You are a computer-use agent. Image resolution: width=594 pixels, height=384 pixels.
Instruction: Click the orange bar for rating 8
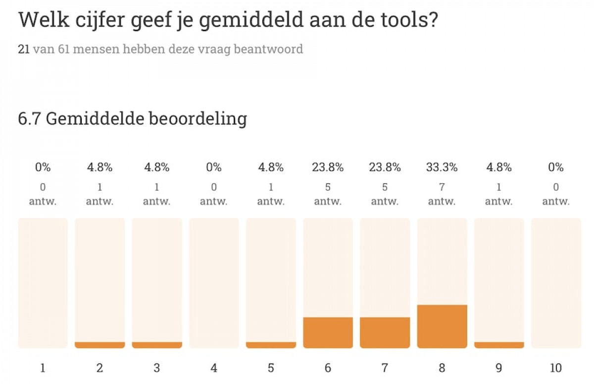tap(442, 326)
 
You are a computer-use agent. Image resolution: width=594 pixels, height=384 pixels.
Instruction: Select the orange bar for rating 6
tap(328, 332)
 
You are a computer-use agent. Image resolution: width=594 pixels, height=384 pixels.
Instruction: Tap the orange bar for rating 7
tap(385, 332)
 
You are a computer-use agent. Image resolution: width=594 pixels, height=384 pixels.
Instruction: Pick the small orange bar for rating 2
tap(99, 345)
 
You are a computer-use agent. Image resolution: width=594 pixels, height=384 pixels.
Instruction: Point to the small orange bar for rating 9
tap(499, 345)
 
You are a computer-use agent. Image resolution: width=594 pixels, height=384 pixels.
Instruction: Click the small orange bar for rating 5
tap(271, 345)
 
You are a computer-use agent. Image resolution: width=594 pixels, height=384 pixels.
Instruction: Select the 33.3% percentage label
tap(442, 167)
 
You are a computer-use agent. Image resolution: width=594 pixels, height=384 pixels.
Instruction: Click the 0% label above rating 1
tap(43, 167)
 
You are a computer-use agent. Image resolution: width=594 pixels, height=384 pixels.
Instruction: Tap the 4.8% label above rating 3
tap(157, 167)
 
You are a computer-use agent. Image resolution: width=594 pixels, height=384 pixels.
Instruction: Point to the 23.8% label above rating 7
tap(385, 167)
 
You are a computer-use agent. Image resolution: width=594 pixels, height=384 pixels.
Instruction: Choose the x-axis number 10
tap(556, 368)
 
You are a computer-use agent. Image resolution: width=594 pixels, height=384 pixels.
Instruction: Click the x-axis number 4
tap(214, 368)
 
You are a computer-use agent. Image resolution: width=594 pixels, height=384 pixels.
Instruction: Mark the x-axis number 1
tap(43, 368)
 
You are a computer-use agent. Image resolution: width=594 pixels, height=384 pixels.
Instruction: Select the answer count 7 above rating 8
tap(442, 188)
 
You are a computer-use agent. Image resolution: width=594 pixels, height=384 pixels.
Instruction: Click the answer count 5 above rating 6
tap(328, 188)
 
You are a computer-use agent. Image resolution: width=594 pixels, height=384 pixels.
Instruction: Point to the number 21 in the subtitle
tap(24, 50)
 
